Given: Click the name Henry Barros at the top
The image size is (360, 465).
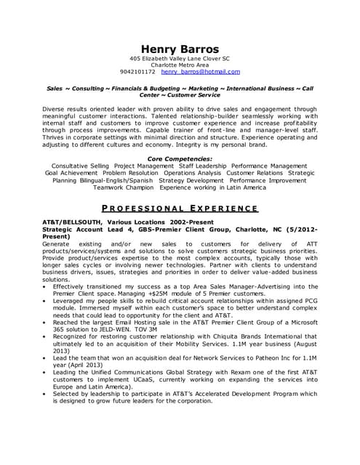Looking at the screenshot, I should coord(180,47).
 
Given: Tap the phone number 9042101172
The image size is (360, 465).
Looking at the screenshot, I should coord(137,72).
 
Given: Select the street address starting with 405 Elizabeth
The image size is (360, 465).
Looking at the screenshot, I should coord(180,58).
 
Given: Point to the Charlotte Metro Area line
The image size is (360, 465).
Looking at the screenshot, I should coord(180,65).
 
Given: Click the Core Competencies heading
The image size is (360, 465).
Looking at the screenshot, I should coord(180,158).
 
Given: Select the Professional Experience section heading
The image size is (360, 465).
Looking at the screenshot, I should coord(179,209).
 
